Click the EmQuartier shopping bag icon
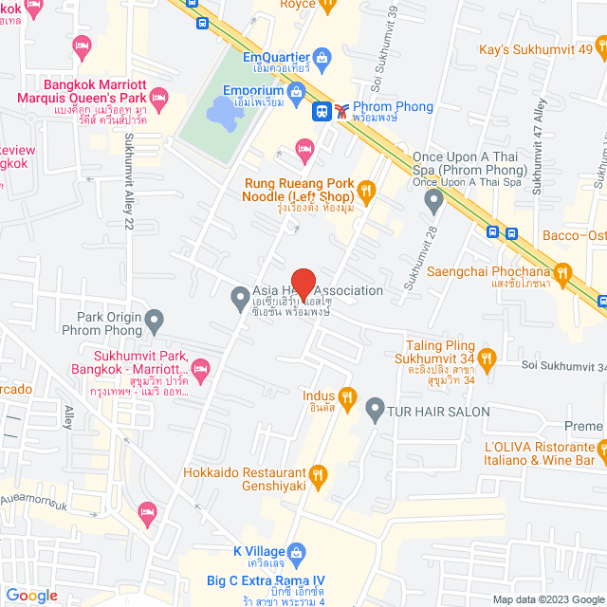(x=322, y=58)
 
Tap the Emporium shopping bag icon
(x=296, y=91)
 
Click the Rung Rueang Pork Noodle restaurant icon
(x=369, y=190)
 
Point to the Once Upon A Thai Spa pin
(x=433, y=200)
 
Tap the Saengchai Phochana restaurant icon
(x=562, y=274)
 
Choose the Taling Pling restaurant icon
(x=487, y=358)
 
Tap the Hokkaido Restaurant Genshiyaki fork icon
(x=318, y=474)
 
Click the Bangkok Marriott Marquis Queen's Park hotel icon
(x=158, y=97)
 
